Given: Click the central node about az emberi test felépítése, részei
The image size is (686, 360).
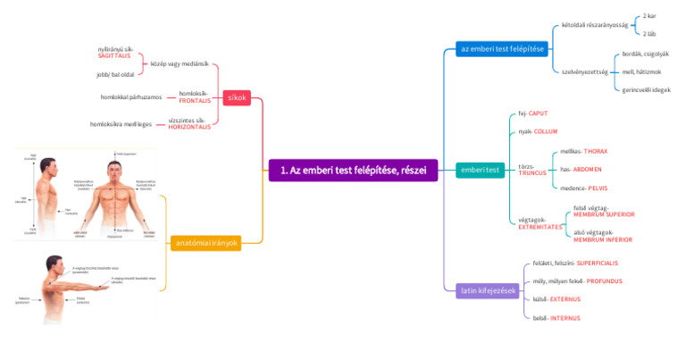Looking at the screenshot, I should (x=353, y=170).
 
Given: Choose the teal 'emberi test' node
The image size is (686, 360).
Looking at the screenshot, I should (x=480, y=169).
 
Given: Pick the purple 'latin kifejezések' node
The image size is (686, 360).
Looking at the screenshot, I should (x=488, y=290).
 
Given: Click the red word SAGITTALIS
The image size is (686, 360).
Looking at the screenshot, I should (x=114, y=55).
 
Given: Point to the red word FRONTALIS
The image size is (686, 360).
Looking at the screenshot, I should (x=195, y=100).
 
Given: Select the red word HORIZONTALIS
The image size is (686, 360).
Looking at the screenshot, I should (x=189, y=127).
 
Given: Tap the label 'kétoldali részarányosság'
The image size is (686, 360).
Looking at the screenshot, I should (x=595, y=25).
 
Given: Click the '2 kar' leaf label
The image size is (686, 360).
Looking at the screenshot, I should (x=649, y=16).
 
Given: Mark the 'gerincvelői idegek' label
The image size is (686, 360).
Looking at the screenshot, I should (x=647, y=89).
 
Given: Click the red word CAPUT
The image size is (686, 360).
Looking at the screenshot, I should (x=539, y=113).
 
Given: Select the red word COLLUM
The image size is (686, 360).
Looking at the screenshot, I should (x=546, y=131).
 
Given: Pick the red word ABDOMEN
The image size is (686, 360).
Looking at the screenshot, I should (x=587, y=169).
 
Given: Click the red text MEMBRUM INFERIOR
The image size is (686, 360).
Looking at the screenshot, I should (x=604, y=239).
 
